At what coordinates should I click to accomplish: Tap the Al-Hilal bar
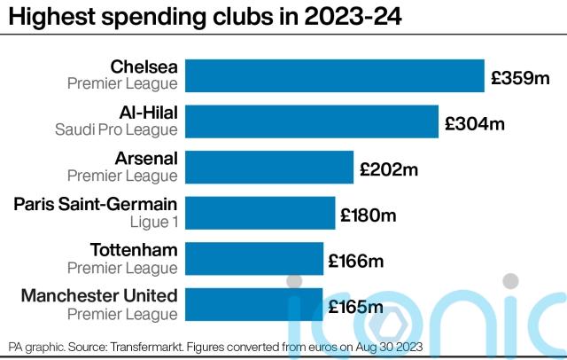tap(312, 121)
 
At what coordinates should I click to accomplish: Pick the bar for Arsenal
tap(267, 167)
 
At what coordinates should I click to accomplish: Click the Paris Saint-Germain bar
tap(260, 213)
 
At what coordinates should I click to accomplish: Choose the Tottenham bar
tap(253, 258)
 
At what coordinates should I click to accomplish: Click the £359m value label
tap(522, 78)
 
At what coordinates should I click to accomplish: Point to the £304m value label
tap(475, 123)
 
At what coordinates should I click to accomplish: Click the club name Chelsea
tap(144, 67)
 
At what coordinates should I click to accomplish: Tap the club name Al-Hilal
tap(147, 112)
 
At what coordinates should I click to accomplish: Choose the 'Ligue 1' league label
tap(156, 222)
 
